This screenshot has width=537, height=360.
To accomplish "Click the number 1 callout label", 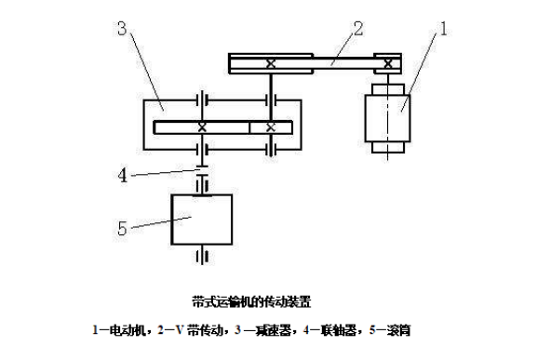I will click(x=444, y=32).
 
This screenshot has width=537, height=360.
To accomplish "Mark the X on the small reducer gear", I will click(x=269, y=127).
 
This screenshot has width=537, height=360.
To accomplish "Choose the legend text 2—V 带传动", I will click(x=184, y=329).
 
